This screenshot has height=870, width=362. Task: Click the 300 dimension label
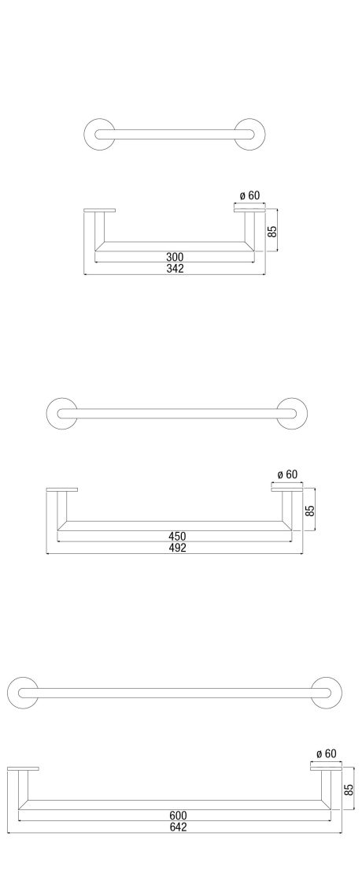coord(174,257)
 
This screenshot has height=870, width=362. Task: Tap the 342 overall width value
coord(174,268)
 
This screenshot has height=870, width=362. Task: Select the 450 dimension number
coord(177,537)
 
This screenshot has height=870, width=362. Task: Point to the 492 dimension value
coord(177,548)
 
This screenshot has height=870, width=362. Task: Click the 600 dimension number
coord(178,816)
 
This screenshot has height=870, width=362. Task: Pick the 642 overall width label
coord(178,827)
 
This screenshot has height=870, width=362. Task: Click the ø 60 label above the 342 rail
coord(249,195)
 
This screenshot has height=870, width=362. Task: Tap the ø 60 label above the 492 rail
coord(288,474)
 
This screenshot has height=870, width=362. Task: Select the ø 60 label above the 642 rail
coord(326,753)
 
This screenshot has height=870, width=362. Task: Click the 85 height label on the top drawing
coord(272,232)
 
